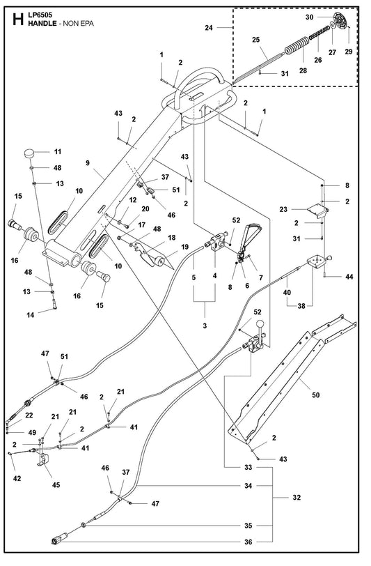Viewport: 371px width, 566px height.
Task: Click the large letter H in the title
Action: (x=18, y=20)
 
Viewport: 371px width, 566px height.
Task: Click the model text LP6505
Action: (x=40, y=15)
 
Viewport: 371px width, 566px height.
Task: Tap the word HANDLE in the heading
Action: (x=42, y=24)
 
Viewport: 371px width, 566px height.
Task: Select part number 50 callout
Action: (x=315, y=395)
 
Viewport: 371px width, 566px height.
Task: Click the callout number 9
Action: (x=88, y=163)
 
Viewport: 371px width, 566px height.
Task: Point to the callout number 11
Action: (x=57, y=152)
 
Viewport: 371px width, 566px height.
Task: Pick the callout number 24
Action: (x=209, y=27)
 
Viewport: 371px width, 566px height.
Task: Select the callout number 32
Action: (x=297, y=498)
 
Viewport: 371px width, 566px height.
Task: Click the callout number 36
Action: (x=248, y=542)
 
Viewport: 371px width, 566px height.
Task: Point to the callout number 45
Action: (x=56, y=484)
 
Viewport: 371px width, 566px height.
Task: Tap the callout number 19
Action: (x=184, y=247)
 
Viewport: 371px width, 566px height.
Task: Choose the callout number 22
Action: (x=29, y=415)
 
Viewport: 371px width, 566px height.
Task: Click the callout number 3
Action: (x=205, y=326)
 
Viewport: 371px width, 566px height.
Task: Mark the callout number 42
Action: (x=17, y=479)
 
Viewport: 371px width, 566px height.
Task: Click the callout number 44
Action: (x=349, y=277)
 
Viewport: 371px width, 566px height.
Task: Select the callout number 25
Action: (x=255, y=40)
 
